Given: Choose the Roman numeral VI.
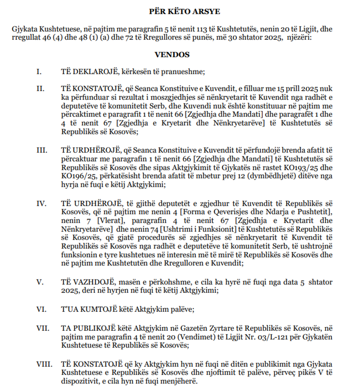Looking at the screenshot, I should point(40,309).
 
